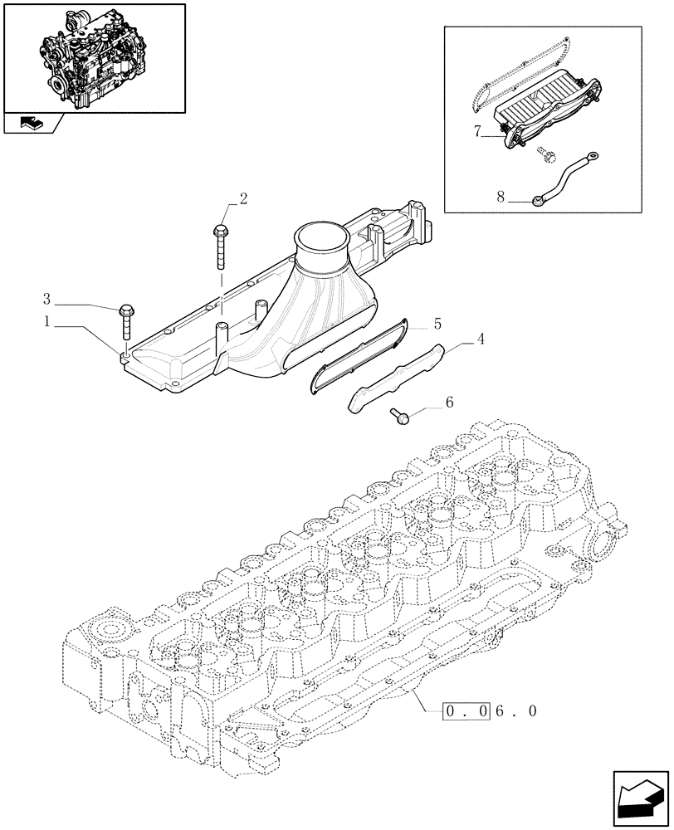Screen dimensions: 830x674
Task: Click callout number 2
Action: coord(243,198)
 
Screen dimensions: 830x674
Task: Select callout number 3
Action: coord(48,297)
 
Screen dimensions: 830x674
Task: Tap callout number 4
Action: coord(479,339)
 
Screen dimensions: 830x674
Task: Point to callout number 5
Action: coord(437,322)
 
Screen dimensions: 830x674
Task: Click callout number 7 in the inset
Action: coord(477,131)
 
